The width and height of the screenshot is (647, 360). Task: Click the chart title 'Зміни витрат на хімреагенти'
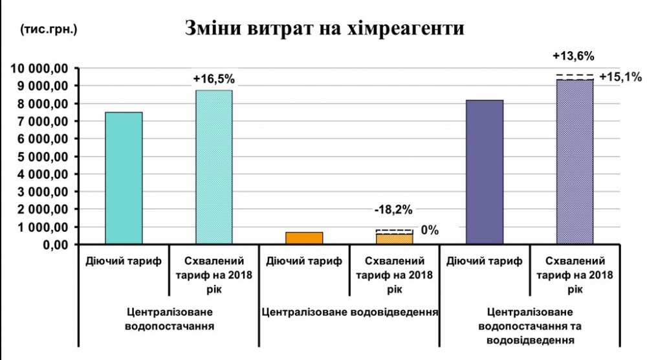tap(324, 29)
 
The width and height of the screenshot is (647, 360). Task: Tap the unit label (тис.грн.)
tap(49, 29)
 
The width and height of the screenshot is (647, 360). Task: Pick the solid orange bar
tap(304, 238)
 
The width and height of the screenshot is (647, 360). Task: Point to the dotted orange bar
tap(395, 238)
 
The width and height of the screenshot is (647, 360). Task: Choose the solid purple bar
tap(485, 172)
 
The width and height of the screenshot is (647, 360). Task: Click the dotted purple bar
tap(575, 162)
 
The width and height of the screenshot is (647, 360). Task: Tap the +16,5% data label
tap(214, 79)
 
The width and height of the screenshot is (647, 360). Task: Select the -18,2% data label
tap(393, 210)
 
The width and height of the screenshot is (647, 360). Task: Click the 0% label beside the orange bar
tap(430, 231)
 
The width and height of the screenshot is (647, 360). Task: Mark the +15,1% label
tap(620, 77)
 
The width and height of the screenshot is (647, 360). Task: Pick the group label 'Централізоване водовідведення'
tap(350, 311)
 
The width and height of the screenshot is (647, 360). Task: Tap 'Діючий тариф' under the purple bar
tap(484, 262)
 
